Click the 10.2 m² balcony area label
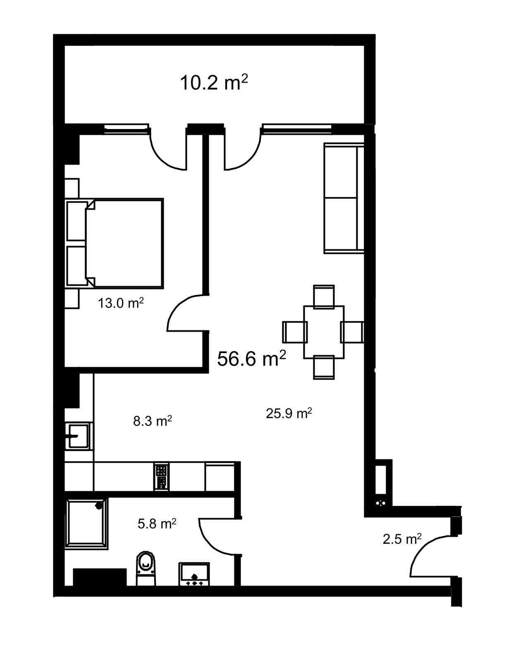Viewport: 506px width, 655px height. coord(214,82)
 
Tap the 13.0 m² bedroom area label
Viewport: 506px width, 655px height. coord(121,303)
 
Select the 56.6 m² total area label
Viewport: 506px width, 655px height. coord(251,358)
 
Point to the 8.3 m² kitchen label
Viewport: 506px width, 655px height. coord(153,421)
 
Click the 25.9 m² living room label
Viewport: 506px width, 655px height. coord(289,413)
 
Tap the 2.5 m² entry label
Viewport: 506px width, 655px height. coord(402,539)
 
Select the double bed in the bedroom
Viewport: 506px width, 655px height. coord(115,243)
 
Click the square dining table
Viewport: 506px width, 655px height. coord(324,332)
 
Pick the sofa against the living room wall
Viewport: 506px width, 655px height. coord(344,198)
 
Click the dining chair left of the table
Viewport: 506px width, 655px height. coord(295,332)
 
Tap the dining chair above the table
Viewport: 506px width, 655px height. coord(324,297)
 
